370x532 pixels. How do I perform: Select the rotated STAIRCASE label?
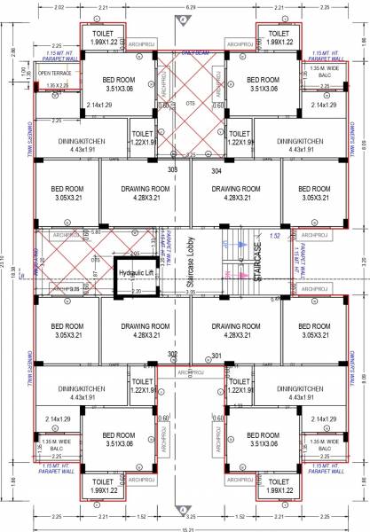coord(258,265)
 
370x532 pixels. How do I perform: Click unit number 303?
coord(173,168)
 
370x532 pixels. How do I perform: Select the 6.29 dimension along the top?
coord(189,7)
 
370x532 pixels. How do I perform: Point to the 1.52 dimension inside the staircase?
coord(274,236)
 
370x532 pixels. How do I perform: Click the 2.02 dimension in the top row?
coord(59,7)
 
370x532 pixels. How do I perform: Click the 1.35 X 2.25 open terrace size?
coord(55,86)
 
